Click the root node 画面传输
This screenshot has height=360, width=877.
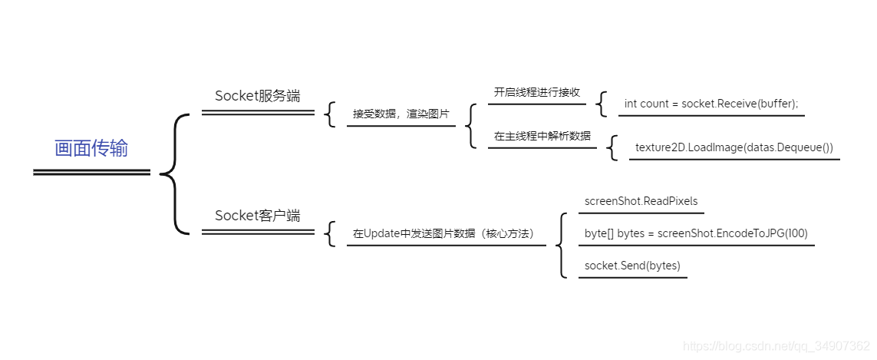tap(91, 148)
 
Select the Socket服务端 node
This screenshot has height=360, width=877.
tap(257, 96)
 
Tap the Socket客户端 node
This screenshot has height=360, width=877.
tap(257, 216)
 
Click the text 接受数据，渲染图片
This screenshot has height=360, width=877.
tap(401, 114)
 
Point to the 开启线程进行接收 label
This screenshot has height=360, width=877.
tap(536, 92)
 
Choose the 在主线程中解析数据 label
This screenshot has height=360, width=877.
tap(542, 136)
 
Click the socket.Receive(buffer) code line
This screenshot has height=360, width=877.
tap(711, 104)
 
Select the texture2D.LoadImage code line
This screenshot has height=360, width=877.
tap(734, 147)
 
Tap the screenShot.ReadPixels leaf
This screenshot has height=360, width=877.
tap(641, 201)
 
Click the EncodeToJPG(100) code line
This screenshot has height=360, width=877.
tap(696, 233)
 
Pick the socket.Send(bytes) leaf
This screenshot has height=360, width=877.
tap(632, 266)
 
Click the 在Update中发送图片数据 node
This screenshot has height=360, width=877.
tap(443, 233)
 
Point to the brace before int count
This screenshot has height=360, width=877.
tap(602, 104)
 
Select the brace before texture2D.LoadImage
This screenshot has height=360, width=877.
tap(612, 148)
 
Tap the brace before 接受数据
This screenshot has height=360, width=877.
tap(331, 114)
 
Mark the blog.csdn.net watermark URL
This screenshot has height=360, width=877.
tap(776, 346)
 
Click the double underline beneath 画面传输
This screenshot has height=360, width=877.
tap(91, 173)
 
